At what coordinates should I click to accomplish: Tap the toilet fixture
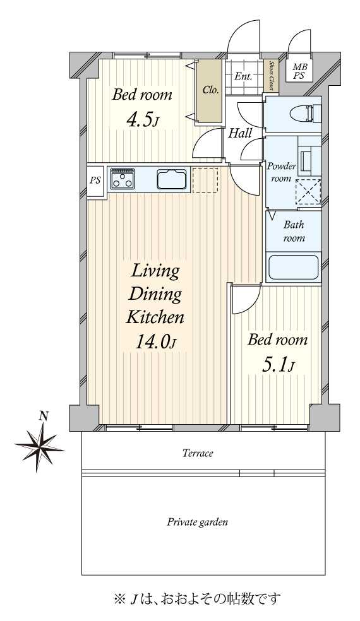(x=304, y=114)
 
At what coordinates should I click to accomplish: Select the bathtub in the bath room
(x=294, y=268)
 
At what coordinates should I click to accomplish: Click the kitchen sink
(x=172, y=179)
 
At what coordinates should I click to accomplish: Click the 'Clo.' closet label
(x=210, y=90)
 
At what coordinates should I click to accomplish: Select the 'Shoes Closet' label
(x=272, y=75)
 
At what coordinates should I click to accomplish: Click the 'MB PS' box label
(x=299, y=72)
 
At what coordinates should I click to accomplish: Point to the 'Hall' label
(x=240, y=133)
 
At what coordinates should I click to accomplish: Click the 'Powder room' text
(x=281, y=172)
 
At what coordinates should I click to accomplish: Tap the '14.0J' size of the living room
(x=155, y=341)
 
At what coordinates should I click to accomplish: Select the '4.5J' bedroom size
(x=141, y=120)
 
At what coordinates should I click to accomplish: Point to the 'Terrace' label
(x=198, y=453)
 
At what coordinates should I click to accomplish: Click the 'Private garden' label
(x=198, y=522)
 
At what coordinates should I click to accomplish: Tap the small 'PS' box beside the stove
(x=95, y=180)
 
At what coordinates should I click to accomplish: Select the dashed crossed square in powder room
(x=308, y=192)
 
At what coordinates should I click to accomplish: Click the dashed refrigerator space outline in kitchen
(x=205, y=180)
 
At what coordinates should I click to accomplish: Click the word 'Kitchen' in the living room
(x=155, y=317)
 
